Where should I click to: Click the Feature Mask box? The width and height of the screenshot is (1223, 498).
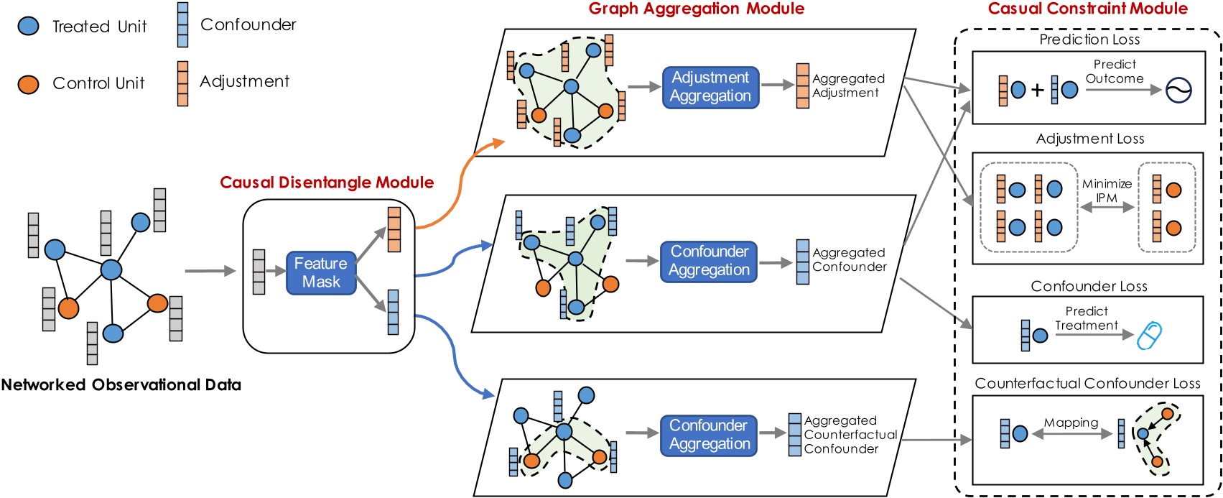tap(321, 273)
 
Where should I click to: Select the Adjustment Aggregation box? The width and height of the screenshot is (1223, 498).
tap(710, 87)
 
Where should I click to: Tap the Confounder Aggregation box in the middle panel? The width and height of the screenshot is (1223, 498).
tap(709, 261)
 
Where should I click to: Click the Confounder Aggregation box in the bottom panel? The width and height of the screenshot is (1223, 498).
tap(709, 435)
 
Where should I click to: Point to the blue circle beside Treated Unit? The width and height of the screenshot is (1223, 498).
tap(28, 27)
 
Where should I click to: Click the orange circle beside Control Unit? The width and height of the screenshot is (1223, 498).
tap(28, 84)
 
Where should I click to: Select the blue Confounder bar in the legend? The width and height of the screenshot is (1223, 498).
tap(183, 25)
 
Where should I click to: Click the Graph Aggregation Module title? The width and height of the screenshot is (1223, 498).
tap(696, 9)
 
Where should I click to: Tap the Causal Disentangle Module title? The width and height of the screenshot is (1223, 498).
tap(327, 183)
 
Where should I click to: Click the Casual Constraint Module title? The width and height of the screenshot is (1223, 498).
tap(1087, 9)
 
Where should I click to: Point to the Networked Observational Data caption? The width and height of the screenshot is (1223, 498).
tap(121, 385)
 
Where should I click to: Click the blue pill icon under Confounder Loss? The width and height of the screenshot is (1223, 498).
tap(1149, 336)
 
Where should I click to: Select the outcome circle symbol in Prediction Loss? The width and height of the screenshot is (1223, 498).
tap(1178, 91)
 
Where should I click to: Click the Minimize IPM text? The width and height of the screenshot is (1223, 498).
tap(1107, 190)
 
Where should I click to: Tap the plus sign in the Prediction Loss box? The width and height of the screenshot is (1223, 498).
tap(1037, 91)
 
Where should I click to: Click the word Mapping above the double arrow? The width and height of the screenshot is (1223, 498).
tap(1071, 423)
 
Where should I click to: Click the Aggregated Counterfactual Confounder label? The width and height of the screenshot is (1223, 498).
tap(850, 435)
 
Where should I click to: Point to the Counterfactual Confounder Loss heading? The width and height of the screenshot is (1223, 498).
tap(1087, 384)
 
